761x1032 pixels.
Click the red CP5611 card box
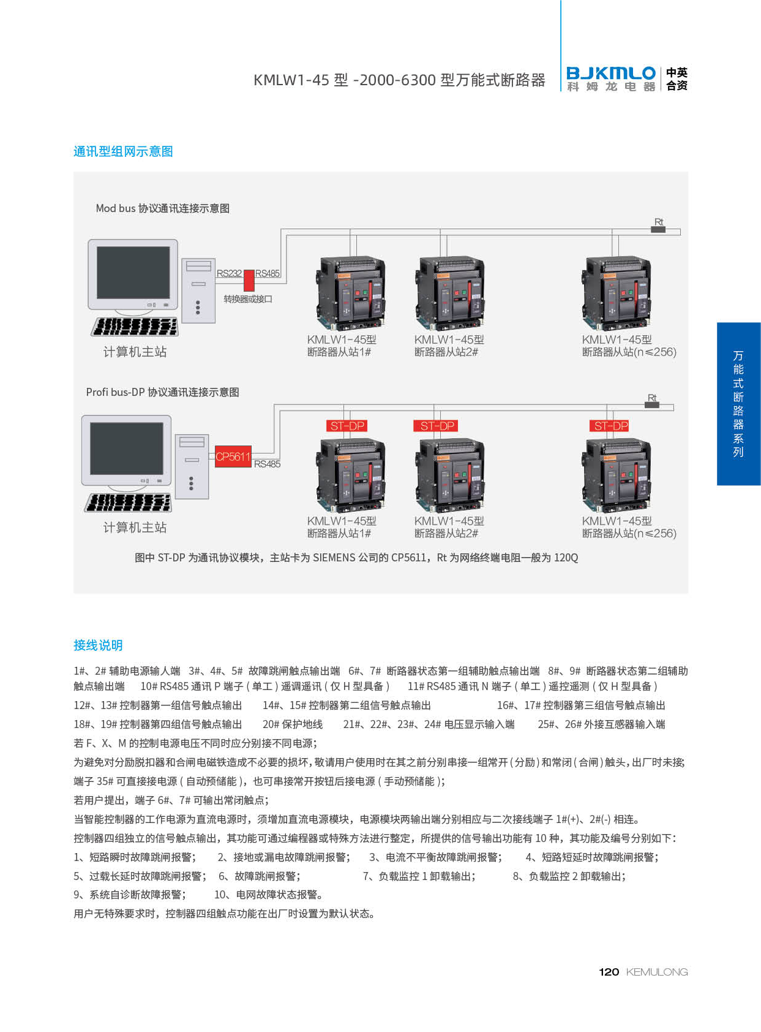pyautogui.click(x=233, y=456)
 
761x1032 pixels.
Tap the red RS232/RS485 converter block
pyautogui.click(x=249, y=280)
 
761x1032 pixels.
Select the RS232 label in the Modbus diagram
pyautogui.click(x=229, y=273)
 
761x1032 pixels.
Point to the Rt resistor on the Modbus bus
pyautogui.click(x=658, y=229)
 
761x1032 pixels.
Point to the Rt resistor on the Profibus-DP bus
pyautogui.click(x=652, y=405)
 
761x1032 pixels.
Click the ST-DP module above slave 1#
pyautogui.click(x=347, y=426)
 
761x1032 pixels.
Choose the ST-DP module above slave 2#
pyautogui.click(x=435, y=426)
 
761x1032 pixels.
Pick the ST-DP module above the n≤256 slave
pyautogui.click(x=609, y=426)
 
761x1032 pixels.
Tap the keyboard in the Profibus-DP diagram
pyautogui.click(x=128, y=503)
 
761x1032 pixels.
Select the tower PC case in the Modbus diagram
pyautogui.click(x=198, y=290)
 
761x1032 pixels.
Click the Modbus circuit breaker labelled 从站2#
pyautogui.click(x=450, y=292)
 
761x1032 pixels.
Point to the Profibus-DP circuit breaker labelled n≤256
pyautogui.click(x=617, y=474)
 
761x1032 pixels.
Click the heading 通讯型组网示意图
pyautogui.click(x=123, y=152)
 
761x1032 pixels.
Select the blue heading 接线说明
pyautogui.click(x=98, y=645)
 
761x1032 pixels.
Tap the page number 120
pyautogui.click(x=609, y=972)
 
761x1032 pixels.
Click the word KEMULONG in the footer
pyautogui.click(x=657, y=972)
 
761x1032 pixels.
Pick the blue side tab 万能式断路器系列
pyautogui.click(x=739, y=404)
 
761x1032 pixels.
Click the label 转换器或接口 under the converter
pyautogui.click(x=248, y=298)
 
